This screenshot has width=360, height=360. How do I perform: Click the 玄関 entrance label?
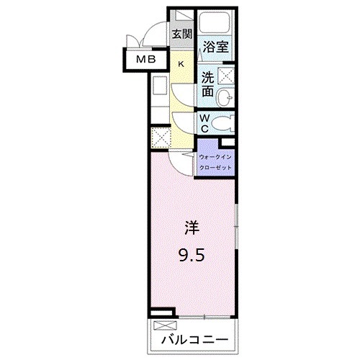[x=181, y=33]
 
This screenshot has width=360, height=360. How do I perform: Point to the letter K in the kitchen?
[x=181, y=64]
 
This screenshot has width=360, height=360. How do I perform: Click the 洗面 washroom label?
[x=207, y=84]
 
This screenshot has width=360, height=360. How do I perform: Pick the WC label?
[x=204, y=122]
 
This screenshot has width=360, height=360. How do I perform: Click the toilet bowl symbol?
[x=224, y=121]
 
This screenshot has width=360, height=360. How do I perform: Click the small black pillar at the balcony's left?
[x=166, y=313]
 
